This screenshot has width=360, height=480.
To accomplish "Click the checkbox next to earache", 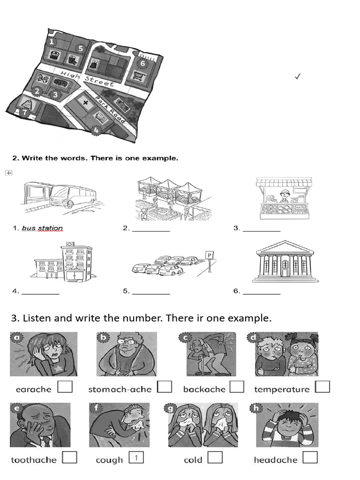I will (x=65, y=387).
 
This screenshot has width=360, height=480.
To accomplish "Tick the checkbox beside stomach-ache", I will (x=165, y=387).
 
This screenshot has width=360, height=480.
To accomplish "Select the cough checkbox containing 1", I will (x=135, y=457).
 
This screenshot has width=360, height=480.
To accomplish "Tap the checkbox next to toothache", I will (x=69, y=457).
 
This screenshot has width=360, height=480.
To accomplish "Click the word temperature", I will (x=282, y=389).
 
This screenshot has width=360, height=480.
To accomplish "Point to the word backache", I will (x=204, y=389).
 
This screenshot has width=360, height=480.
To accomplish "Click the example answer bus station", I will (x=42, y=228).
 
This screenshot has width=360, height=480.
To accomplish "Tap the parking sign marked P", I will (x=210, y=255).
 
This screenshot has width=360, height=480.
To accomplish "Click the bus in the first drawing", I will (x=73, y=195).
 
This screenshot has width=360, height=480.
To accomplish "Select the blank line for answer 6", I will (x=262, y=293).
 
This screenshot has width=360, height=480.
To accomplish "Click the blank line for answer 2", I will (x=151, y=231).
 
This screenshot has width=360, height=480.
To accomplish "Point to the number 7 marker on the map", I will (x=24, y=112).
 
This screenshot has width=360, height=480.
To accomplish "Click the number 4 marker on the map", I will (x=96, y=130).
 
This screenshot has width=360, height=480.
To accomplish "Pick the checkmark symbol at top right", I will (x=297, y=76).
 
